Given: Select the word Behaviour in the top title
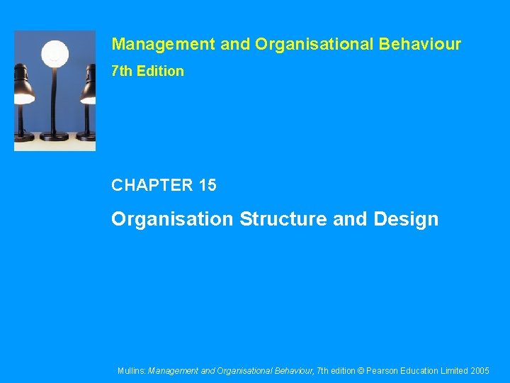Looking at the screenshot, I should pos(420,45).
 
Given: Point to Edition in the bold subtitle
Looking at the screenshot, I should pos(159,71).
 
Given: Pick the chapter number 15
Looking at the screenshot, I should pos(208,186).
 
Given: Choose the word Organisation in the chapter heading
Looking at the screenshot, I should pos(172,219).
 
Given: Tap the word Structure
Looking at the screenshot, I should pos(283,219).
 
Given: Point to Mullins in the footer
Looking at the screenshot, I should pos(132,371).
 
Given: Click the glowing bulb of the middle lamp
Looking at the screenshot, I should pos(55,53).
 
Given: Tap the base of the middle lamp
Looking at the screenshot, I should pos(55,136).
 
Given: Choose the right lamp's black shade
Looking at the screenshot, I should pos(88,89).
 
